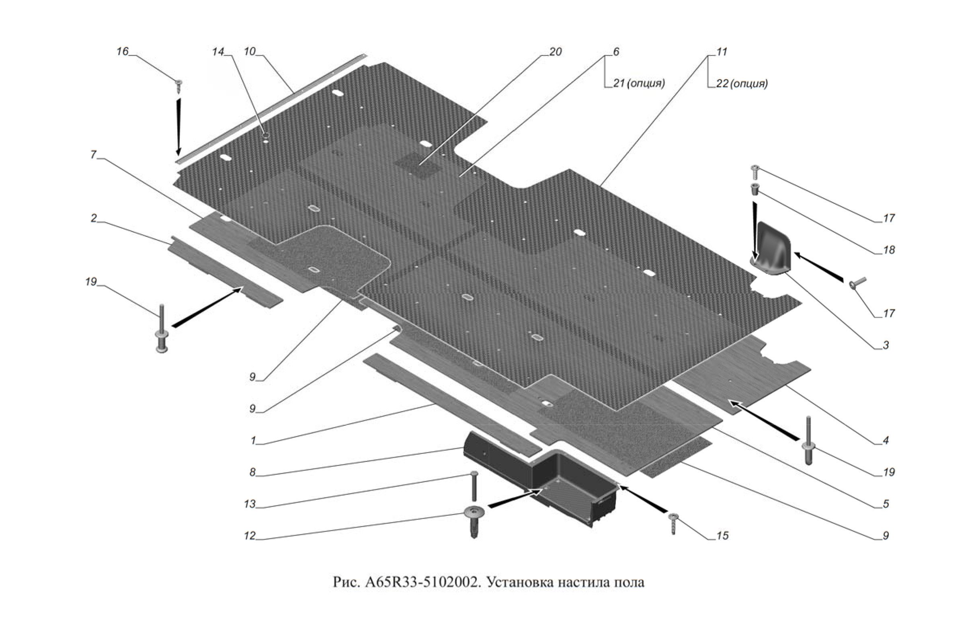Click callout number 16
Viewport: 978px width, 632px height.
[122, 52]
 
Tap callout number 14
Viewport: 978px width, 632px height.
[218, 52]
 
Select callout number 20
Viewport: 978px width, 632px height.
[555, 52]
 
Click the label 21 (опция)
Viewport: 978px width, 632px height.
[639, 83]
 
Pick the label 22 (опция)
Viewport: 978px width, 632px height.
[742, 84]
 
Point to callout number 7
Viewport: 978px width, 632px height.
[93, 155]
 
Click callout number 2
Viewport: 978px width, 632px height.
[94, 218]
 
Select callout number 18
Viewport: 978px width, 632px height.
[889, 250]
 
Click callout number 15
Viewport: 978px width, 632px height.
[722, 535]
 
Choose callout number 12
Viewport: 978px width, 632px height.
[250, 536]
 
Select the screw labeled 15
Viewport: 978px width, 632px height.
[673, 523]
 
